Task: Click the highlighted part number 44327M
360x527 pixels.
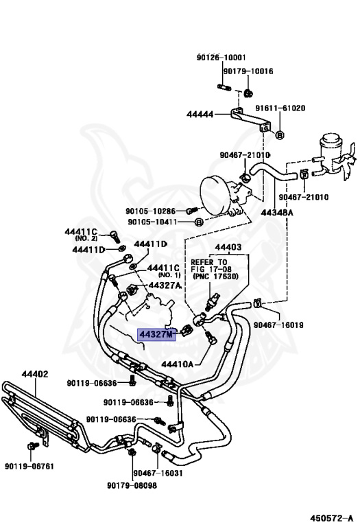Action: [x=157, y=335]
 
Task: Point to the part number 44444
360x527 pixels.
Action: [x=200, y=115]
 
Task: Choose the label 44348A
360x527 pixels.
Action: [x=276, y=213]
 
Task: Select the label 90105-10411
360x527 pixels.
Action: [x=153, y=222]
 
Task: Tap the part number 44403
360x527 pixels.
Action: [x=228, y=247]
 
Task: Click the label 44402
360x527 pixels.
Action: [x=34, y=374]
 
